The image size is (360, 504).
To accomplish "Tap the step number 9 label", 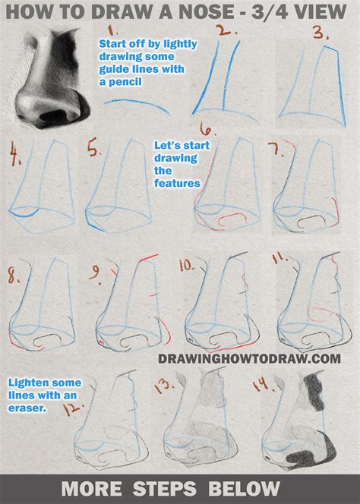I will (97, 271).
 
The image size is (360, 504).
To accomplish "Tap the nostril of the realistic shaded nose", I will (55, 114).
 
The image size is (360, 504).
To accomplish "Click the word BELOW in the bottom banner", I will (250, 487).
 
